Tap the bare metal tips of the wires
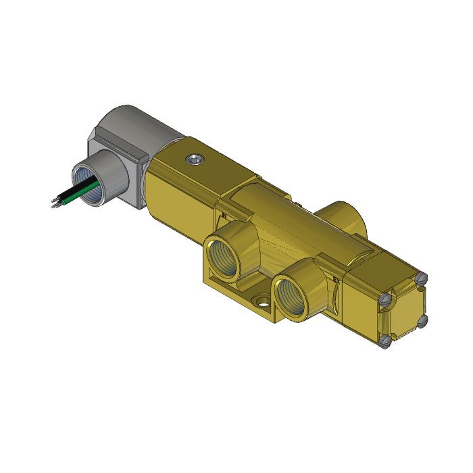(x=54, y=201)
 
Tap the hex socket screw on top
(x=193, y=159)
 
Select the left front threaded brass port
(x=223, y=257)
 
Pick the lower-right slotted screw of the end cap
(x=422, y=320)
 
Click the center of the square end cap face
(x=404, y=309)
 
